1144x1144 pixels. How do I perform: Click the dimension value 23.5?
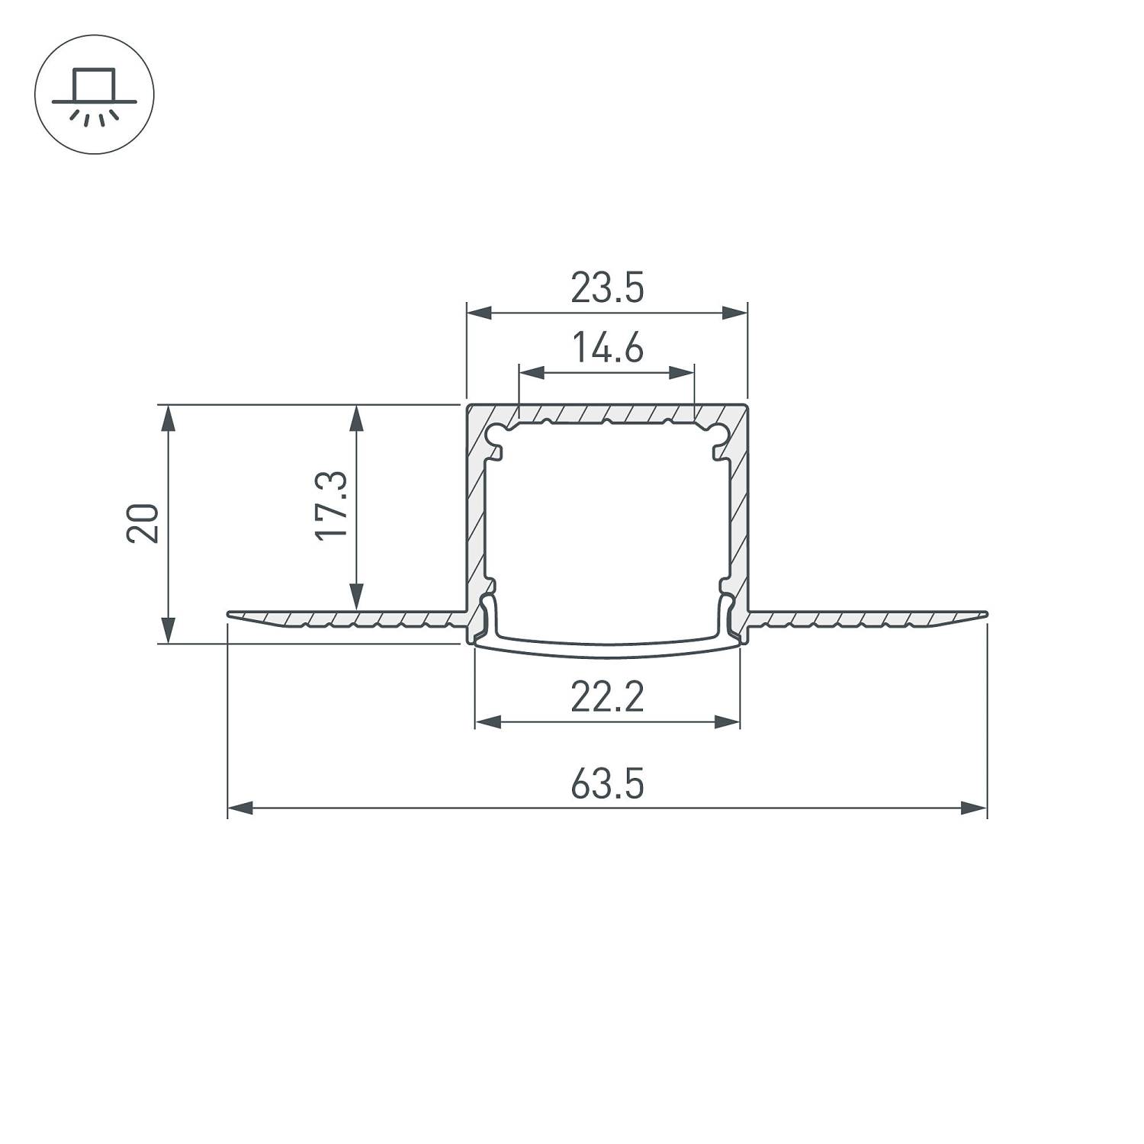tap(607, 288)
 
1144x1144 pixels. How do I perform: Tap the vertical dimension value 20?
tap(143, 522)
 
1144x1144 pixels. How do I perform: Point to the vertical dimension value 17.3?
tap(332, 506)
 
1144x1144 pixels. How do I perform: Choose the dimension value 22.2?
tap(607, 697)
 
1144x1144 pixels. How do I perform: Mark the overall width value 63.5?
tap(607, 785)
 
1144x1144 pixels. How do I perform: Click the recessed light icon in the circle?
tap(95, 95)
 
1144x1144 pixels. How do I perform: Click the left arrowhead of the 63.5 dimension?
tap(240, 808)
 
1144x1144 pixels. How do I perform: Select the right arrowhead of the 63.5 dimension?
tap(974, 808)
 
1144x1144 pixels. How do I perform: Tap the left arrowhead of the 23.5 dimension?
tap(479, 312)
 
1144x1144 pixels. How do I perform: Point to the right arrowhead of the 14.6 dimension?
tap(682, 373)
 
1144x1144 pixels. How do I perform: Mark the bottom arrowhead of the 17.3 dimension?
tap(356, 596)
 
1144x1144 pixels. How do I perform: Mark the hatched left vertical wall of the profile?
tap(476, 519)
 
